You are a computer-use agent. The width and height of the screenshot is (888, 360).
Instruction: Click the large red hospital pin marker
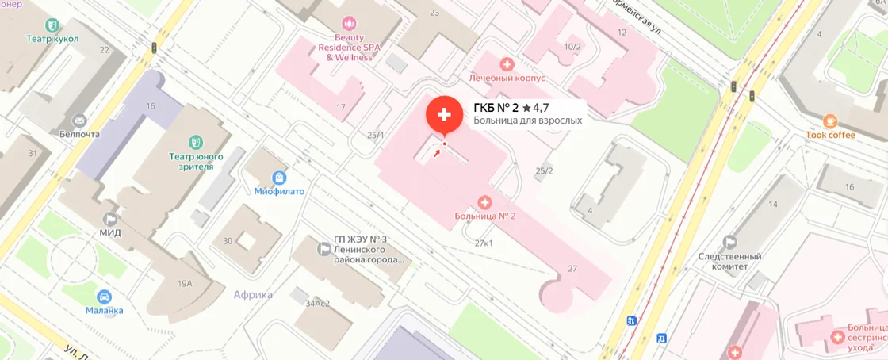[444, 114]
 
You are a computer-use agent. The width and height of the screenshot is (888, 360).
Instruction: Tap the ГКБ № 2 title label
[496, 107]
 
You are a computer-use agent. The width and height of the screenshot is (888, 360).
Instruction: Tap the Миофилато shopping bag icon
[279, 178]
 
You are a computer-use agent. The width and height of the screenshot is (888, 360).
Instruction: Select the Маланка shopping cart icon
[104, 297]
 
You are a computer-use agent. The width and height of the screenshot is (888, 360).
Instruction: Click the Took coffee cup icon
[830, 121]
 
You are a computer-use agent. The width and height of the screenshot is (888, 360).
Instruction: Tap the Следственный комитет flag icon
[729, 243]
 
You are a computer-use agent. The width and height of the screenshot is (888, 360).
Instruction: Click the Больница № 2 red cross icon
[485, 201]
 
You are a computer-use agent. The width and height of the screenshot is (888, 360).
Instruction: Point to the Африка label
[253, 295]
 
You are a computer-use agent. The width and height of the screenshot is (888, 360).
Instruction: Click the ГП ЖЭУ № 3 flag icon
[323, 250]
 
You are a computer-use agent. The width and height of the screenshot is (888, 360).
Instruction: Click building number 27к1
[484, 243]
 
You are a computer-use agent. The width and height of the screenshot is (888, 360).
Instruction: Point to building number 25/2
[544, 171]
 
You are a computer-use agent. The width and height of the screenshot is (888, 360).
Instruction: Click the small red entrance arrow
[436, 152]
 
